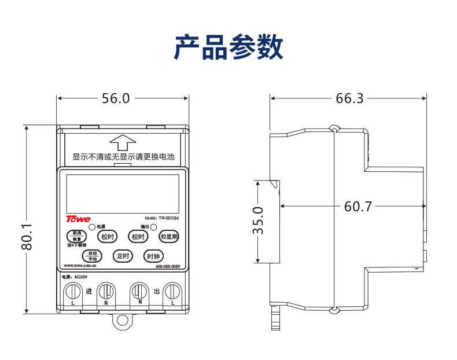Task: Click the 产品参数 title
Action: (x=228, y=47)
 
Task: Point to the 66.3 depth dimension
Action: (x=350, y=98)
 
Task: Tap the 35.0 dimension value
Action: (x=258, y=221)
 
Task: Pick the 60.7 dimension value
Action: (x=359, y=206)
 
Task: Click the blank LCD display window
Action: (x=123, y=194)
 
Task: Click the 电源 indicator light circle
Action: (x=92, y=227)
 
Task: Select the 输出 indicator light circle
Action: (x=153, y=227)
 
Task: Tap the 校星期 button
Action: (x=169, y=236)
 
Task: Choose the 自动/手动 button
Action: (x=92, y=255)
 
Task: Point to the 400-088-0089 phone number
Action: (x=168, y=267)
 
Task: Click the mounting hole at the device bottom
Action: (x=122, y=320)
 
